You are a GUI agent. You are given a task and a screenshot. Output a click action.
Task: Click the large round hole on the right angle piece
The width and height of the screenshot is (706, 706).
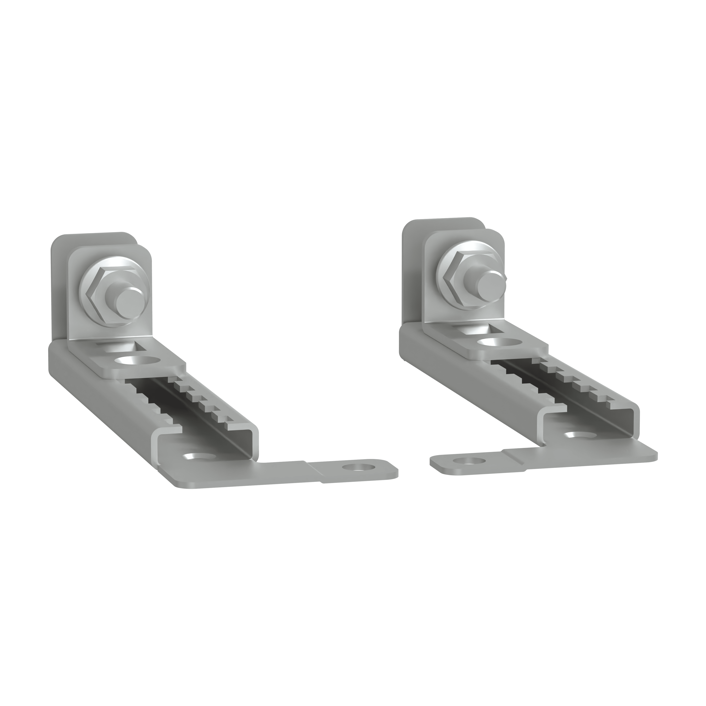(499, 342)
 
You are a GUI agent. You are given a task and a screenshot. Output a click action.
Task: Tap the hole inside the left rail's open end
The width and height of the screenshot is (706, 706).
(199, 457)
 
